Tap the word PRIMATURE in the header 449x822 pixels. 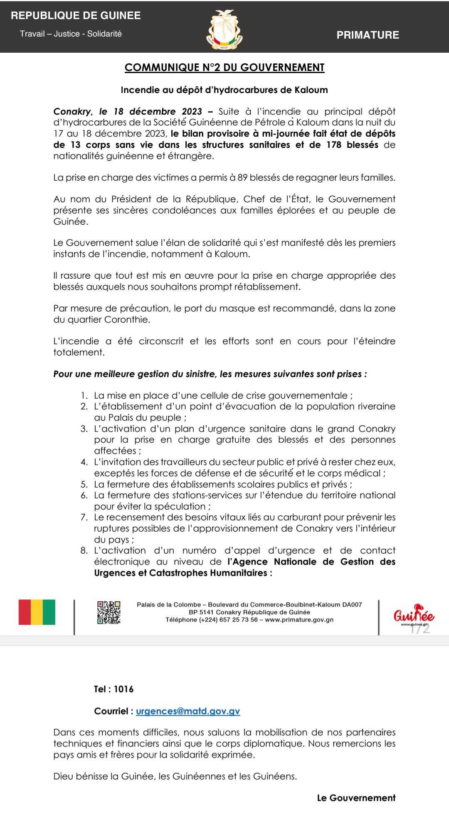click(368, 35)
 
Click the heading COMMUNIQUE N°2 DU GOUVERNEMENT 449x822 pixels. click(224, 67)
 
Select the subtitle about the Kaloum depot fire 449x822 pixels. click(224, 90)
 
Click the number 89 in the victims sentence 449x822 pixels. click(242, 178)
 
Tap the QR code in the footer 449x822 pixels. click(109, 612)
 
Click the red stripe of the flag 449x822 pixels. click(25, 612)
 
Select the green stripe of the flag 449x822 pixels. click(49, 612)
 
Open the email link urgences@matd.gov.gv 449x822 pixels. click(188, 711)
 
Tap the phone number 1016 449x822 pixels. click(123, 689)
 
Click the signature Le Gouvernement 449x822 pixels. click(356, 798)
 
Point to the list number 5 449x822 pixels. click(84, 484)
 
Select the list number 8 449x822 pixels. click(84, 551)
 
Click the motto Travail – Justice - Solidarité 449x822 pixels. click(71, 34)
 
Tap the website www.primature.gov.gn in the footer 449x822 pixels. click(299, 620)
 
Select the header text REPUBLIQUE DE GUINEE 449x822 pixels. click(76, 16)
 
